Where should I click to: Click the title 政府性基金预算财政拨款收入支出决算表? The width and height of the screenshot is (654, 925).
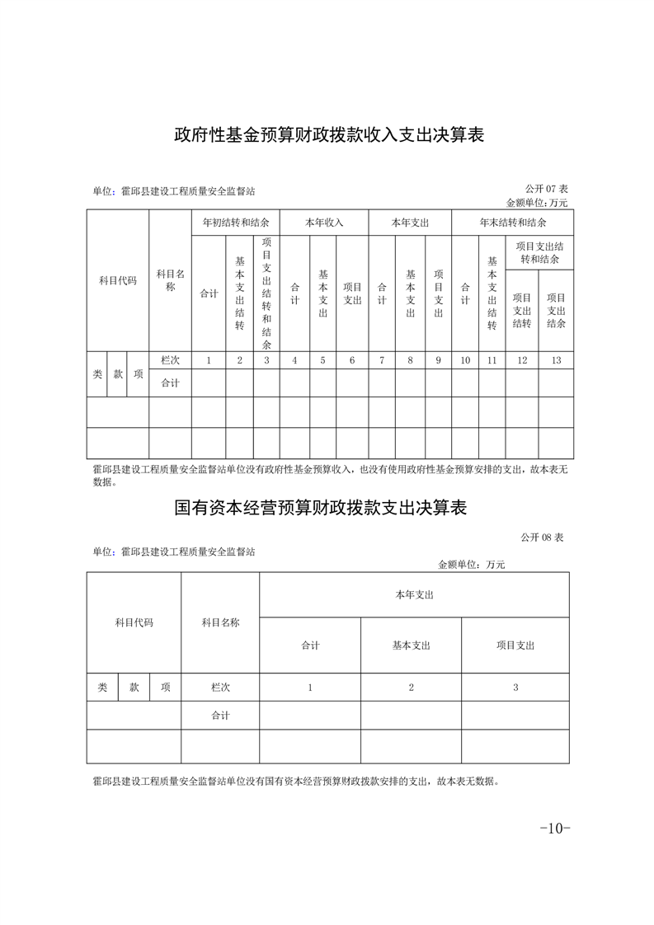pos(327,135)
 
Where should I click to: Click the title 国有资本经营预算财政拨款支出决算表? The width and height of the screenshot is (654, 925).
pos(321,508)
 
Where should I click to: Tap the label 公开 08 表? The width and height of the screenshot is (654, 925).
pos(542,538)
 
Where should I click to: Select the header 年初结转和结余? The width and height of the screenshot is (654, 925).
pos(235,223)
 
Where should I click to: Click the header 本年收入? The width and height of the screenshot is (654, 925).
pos(324,223)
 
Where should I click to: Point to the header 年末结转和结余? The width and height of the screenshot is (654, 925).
pos(513,223)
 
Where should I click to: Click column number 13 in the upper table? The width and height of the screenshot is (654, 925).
pos(556,360)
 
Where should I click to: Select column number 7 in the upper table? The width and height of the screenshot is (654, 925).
pos(382,360)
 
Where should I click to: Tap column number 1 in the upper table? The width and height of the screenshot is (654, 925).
pos(209,360)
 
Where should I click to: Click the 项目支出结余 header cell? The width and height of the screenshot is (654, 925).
pos(556,311)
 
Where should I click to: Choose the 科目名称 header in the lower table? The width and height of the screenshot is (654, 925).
pos(220,623)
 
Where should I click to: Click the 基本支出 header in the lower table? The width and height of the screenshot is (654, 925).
pos(411,646)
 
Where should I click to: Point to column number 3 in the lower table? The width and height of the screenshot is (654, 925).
pos(515,688)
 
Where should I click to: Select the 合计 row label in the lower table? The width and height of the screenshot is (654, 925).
pos(220,716)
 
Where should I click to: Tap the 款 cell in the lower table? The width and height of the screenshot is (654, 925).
pos(134,688)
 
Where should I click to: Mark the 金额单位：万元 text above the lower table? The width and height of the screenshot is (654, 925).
pos(471,565)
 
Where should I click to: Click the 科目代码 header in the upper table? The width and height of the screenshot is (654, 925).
pos(118,280)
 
